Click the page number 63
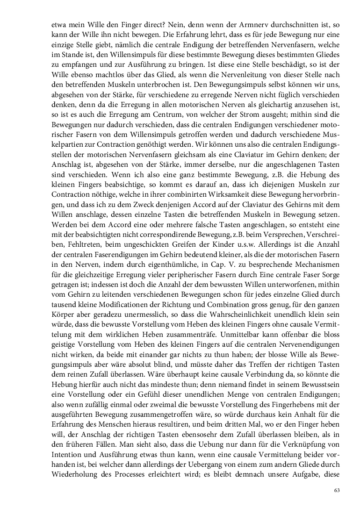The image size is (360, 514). coord(337,490)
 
